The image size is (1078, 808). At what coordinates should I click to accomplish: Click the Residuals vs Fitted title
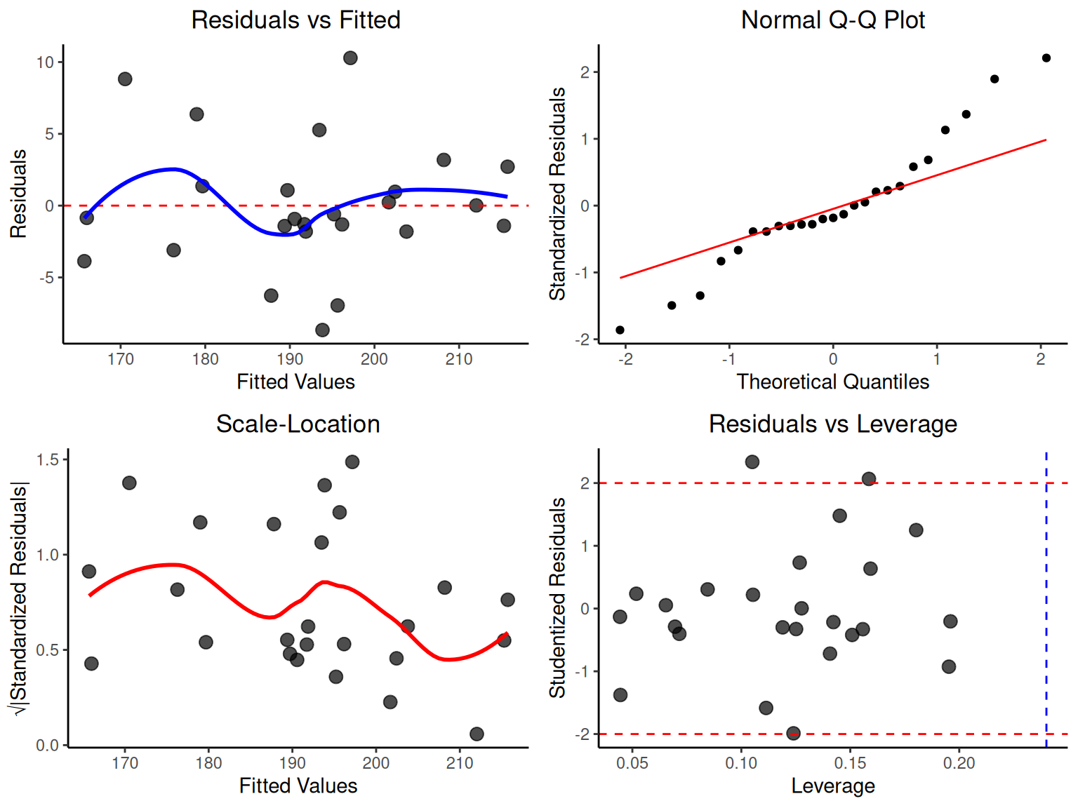point(295,20)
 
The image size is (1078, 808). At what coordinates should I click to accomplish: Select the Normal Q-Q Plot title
point(832,20)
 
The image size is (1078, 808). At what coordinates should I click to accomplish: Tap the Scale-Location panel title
point(298,424)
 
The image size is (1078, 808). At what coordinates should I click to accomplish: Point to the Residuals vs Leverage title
point(832,424)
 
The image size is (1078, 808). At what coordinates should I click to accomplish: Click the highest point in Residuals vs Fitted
point(350,58)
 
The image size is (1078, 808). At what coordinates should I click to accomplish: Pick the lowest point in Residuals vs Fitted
point(322,330)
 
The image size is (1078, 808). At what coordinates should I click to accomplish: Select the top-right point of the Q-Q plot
point(1046,58)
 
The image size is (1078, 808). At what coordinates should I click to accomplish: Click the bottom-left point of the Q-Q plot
point(620,330)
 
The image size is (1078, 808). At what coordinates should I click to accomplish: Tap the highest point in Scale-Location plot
point(352,462)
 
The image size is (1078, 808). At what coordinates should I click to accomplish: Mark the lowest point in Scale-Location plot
point(477,734)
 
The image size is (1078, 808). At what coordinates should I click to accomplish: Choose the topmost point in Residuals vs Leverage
point(752,462)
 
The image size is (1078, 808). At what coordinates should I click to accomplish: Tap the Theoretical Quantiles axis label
point(832,382)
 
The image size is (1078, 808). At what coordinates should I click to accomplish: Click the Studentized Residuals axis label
point(557,598)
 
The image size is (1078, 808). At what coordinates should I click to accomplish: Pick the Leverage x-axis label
point(832,786)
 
